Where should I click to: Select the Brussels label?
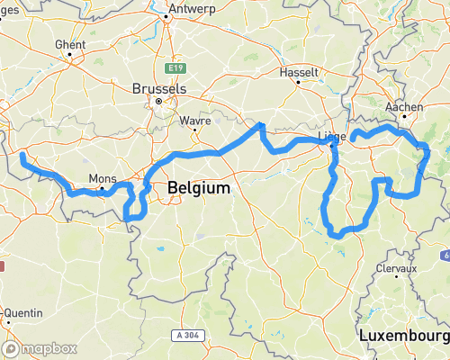tap(158, 89)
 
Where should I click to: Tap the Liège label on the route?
tap(332, 138)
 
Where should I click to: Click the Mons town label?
tap(102, 177)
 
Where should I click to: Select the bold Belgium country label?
tap(198, 188)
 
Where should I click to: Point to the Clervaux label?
tap(397, 268)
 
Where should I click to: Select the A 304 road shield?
tap(184, 335)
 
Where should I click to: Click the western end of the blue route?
tap(22, 156)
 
